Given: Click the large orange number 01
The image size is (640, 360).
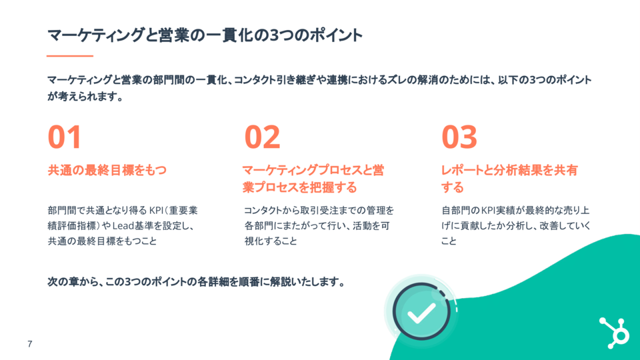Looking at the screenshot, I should [x=64, y=137].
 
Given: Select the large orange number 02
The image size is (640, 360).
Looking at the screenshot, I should [x=262, y=137].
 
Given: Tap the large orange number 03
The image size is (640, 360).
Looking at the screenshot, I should [x=459, y=137].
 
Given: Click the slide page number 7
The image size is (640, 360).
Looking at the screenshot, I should [x=29, y=344].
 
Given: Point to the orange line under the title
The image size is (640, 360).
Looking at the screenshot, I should [x=70, y=56].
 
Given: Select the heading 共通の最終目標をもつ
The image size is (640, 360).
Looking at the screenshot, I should [x=107, y=170].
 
